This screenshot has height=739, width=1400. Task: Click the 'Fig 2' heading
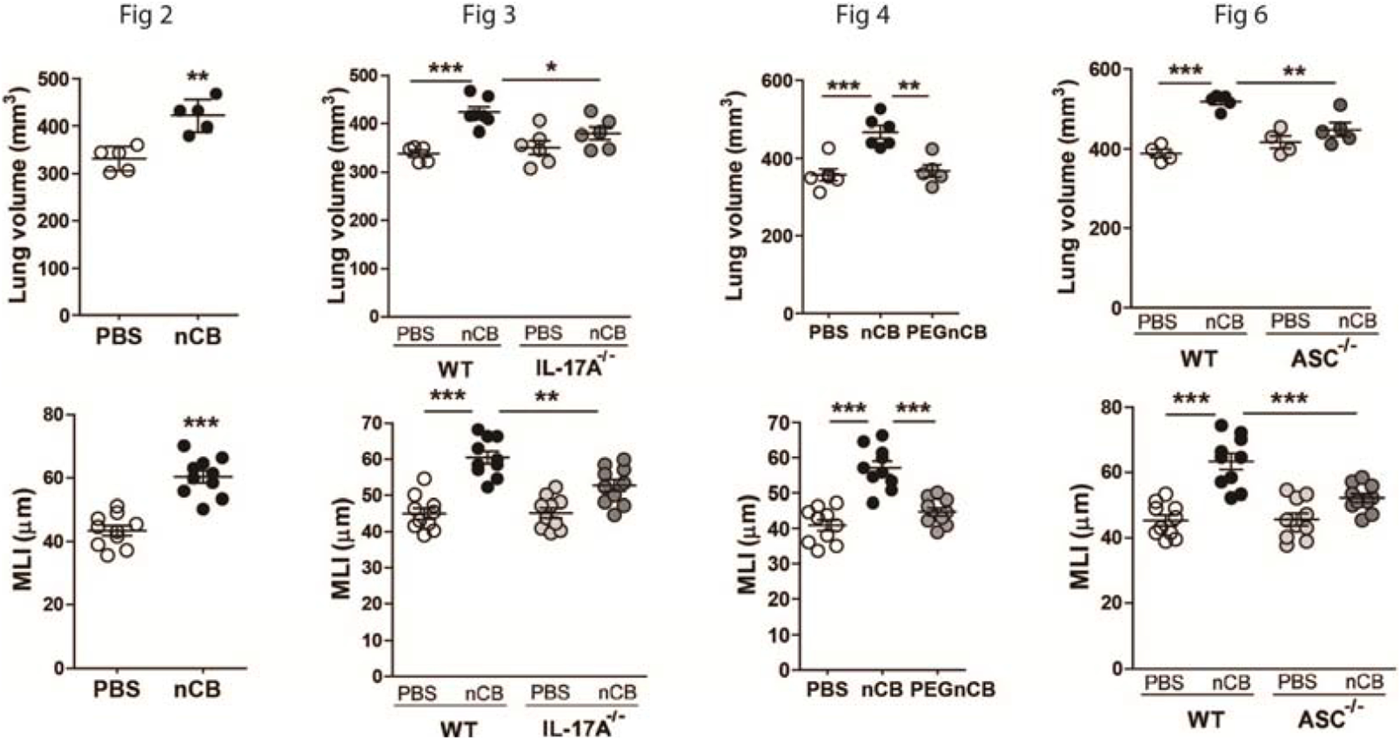[146, 15]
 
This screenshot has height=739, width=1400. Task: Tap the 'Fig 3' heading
[489, 15]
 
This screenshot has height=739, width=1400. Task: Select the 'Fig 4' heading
[863, 15]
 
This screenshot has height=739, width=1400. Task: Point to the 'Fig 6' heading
[1241, 15]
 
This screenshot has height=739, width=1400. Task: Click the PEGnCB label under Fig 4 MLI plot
[953, 689]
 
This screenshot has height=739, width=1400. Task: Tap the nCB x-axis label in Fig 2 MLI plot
[197, 689]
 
